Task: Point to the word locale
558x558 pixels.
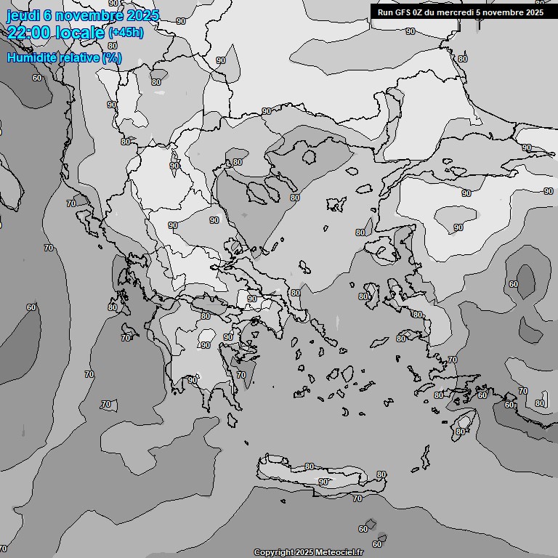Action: coord(82,33)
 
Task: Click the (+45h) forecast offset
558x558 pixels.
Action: coord(126,33)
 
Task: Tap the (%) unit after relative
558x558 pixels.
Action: coord(112,57)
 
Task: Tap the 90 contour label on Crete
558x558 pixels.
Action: coord(323,482)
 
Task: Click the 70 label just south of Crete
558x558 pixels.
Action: coord(357,498)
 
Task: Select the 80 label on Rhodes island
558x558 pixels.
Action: coord(460,432)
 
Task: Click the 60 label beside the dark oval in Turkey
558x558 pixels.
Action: coord(514,284)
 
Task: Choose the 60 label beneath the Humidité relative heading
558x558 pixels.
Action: coord(36,77)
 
